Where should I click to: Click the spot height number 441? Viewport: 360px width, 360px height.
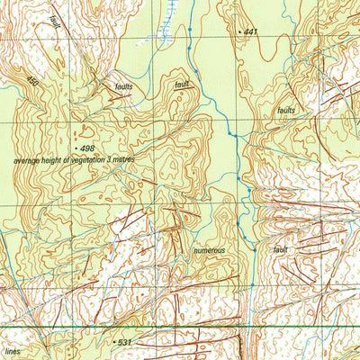click(250, 32)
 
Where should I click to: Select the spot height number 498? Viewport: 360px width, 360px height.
click(86, 147)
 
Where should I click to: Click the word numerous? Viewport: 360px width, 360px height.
click(208, 250)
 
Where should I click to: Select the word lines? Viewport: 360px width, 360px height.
click(12, 352)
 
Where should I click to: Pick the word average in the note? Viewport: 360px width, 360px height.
click(26, 159)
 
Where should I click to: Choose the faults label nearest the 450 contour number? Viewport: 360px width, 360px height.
click(124, 86)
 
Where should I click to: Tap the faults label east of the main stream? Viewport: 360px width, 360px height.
click(286, 110)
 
